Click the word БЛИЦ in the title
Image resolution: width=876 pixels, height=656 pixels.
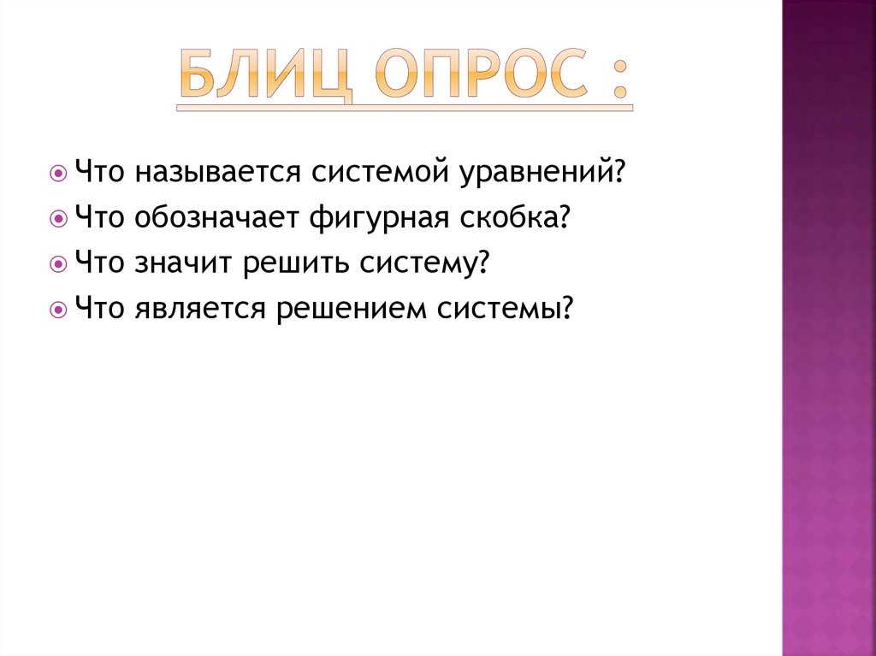264,79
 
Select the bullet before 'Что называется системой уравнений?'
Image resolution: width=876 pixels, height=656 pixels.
57,172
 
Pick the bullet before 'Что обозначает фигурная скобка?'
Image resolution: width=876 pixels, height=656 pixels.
57,218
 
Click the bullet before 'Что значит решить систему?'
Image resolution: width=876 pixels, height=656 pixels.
57,263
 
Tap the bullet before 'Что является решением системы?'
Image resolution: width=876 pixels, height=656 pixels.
57,309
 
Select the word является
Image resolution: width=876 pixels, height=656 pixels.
198,309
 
